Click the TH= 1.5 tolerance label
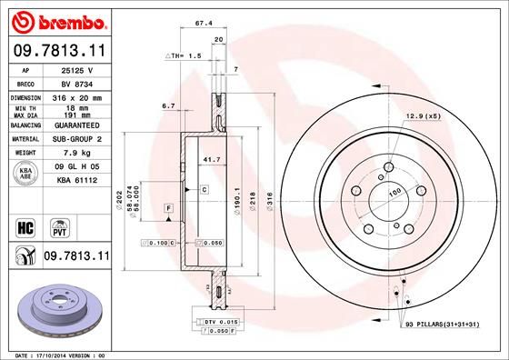[x=183, y=56]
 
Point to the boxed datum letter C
[x=205, y=189]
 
